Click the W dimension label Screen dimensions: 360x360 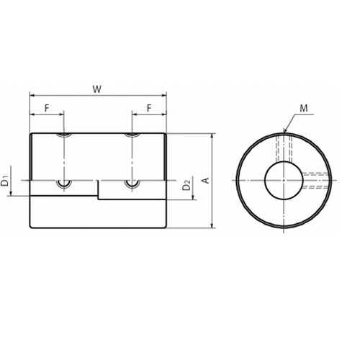click(x=97, y=89)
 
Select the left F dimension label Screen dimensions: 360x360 click(x=47, y=108)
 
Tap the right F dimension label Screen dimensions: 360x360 click(x=149, y=108)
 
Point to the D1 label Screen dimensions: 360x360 click(x=5, y=181)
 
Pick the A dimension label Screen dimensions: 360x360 click(x=206, y=180)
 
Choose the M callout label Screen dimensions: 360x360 click(x=304, y=108)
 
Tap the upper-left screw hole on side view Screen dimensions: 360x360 click(x=64, y=135)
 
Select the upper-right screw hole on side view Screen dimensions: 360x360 click(x=132, y=135)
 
